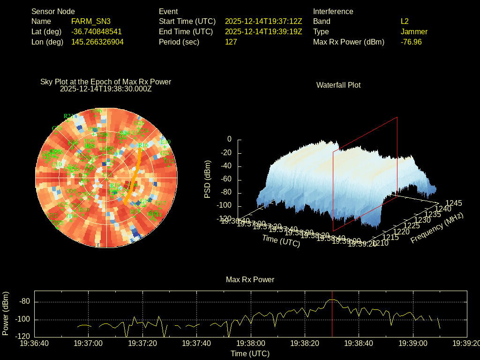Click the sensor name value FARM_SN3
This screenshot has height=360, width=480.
coord(91,22)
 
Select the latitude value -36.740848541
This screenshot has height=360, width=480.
coord(97,32)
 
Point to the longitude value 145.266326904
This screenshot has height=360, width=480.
coord(97,42)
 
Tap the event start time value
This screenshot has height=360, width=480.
coord(263,22)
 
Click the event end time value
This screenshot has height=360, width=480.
coord(263,32)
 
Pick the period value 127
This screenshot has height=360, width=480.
coord(231,42)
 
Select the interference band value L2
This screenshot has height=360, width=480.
coord(405,22)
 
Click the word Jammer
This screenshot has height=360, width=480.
coord(414,32)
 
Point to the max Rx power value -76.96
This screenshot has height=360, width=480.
coord(411,42)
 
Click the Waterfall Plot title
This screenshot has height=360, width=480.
coord(338,85)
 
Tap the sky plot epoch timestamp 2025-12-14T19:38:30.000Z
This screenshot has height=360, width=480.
coord(106,89)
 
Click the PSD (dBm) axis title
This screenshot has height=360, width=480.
coord(208,179)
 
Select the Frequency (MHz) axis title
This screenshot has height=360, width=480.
coord(436,228)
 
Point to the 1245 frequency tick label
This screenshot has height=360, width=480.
coord(454,203)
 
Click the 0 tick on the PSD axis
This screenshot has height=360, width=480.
coord(229,139)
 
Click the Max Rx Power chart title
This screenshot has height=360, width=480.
coord(250,280)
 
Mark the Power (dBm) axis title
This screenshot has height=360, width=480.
coord(6,314)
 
